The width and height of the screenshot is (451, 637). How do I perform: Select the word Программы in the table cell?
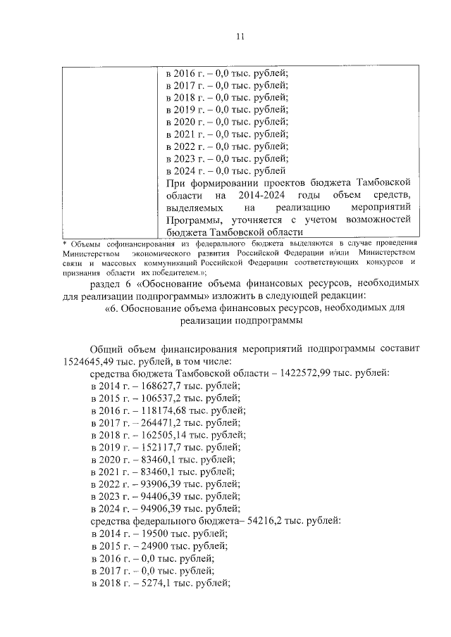[x=190, y=220]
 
